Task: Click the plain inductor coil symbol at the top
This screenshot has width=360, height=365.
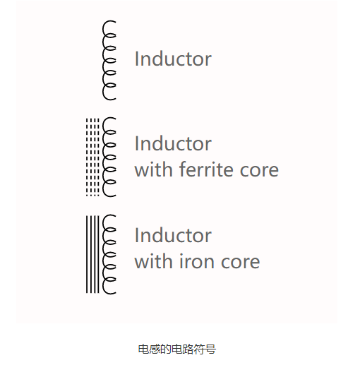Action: pos(103,60)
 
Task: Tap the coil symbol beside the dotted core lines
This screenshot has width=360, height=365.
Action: pos(103,157)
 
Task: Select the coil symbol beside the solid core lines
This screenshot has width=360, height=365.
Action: pos(103,254)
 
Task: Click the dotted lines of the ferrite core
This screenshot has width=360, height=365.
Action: pos(92,157)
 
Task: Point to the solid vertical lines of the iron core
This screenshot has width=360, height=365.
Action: pos(92,254)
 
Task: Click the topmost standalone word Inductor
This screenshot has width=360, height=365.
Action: pos(173,59)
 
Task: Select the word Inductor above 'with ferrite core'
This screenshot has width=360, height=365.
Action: pos(173,143)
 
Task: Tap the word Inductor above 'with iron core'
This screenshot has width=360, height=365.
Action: pos(173,235)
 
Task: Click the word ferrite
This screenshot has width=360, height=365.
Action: pos(207,169)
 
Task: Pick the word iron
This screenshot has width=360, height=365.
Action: pos(197,261)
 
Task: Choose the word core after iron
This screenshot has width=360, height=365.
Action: pos(240,262)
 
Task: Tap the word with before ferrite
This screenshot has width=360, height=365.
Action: pos(154,169)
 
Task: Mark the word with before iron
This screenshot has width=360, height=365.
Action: pos(154,261)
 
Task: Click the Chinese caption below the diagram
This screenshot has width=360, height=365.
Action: pos(177,349)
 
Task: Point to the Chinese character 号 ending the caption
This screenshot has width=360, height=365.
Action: pos(210,349)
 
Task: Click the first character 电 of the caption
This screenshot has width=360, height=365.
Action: pos(143,349)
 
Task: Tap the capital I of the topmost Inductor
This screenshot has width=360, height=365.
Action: pos(136,59)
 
